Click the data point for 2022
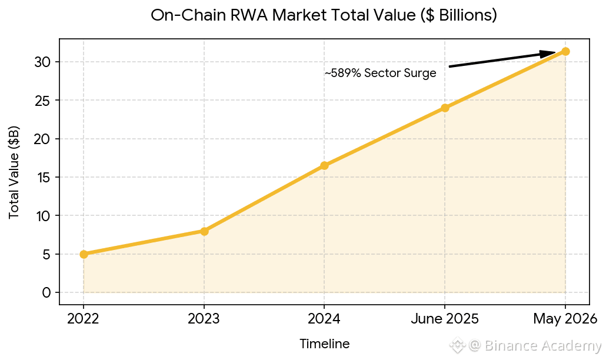click(84, 254)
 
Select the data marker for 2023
click(204, 231)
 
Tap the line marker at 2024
click(324, 165)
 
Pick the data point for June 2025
click(445, 108)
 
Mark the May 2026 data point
click(565, 51)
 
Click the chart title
click(324, 15)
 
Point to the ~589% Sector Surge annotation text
click(380, 73)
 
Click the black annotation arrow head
click(548, 54)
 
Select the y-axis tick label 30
click(42, 62)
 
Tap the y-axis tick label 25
click(42, 101)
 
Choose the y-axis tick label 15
click(42, 177)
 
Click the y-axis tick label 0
click(46, 292)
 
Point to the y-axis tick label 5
click(46, 254)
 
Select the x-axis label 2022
click(83, 319)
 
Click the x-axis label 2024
click(324, 319)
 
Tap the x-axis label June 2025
click(445, 319)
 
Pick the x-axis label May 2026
click(565, 319)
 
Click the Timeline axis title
click(325, 344)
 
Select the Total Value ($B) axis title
click(14, 172)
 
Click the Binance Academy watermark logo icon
click(457, 345)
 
